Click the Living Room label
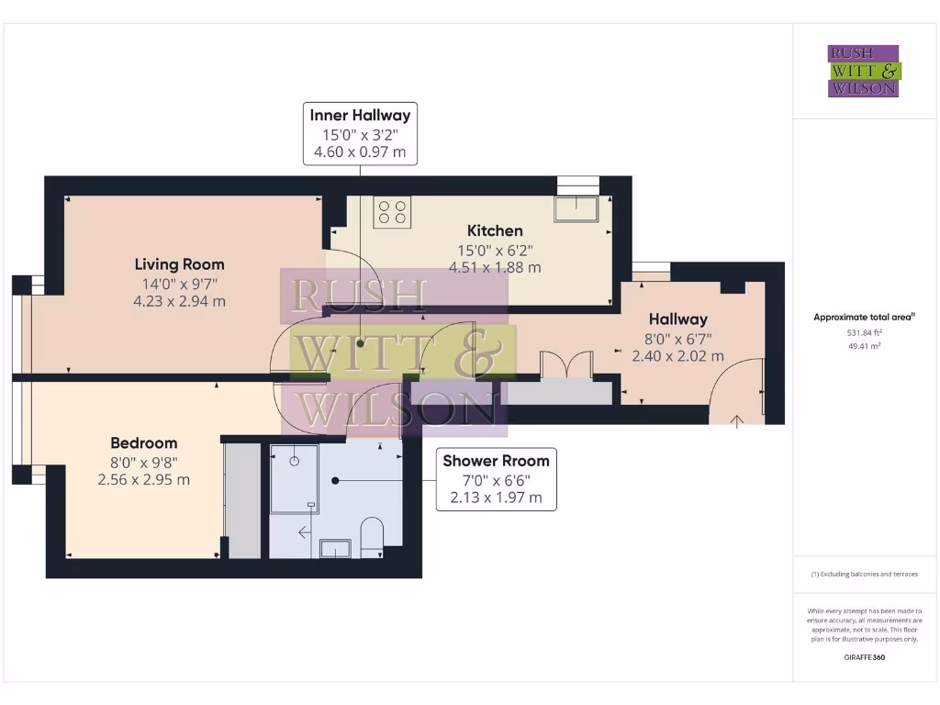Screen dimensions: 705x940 pos(179,264)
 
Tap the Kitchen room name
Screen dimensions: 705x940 pos(495,230)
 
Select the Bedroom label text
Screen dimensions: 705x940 pos(144,442)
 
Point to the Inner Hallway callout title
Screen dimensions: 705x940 pos(360,115)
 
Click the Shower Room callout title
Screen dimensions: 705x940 pos(496,461)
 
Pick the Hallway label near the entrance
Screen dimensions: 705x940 pos(678,319)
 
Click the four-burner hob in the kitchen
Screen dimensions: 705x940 pos(392,213)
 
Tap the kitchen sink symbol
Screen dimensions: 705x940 pos(576,208)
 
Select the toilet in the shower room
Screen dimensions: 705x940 pos(372,538)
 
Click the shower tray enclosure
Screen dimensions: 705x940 pos(295,477)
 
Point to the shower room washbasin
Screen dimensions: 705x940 pos(335,548)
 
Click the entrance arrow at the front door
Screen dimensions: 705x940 pos(736,420)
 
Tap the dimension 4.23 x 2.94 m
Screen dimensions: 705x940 pos(179,300)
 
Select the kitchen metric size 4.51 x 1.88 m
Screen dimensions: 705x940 pos(495,267)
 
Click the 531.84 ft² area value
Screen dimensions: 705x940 pos(863,333)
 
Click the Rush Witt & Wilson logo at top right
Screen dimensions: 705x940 pos(864,71)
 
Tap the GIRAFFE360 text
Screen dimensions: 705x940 pos(864,657)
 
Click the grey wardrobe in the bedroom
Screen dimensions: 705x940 pos(243,500)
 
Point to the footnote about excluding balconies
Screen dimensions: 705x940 pos(864,574)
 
